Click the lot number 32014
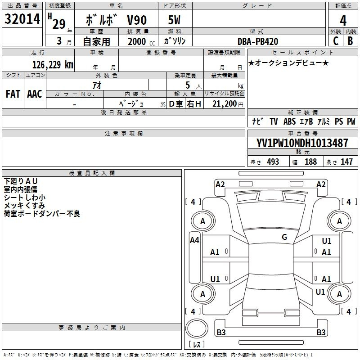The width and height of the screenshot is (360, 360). click(x=22, y=19)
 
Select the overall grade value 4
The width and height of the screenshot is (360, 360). click(x=343, y=21)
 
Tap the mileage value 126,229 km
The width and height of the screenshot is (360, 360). click(x=53, y=65)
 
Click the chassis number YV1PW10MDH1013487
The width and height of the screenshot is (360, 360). click(x=302, y=143)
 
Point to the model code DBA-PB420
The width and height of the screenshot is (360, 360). click(x=257, y=41)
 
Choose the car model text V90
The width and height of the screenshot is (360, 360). click(x=137, y=20)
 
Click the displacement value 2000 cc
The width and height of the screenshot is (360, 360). click(x=141, y=41)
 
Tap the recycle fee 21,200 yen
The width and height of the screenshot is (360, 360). click(x=228, y=104)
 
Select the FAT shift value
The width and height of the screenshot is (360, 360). click(x=13, y=94)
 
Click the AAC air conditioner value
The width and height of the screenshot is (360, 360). click(x=35, y=94)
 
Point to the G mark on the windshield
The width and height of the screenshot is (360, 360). click(x=284, y=237)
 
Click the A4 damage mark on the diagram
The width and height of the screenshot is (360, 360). click(x=194, y=240)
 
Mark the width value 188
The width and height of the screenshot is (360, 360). click(x=310, y=162)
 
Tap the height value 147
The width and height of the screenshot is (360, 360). click(x=346, y=162)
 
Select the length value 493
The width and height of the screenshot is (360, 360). click(x=273, y=162)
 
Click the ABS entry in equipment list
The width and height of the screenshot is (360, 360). click(x=289, y=121)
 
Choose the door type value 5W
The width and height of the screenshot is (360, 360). click(x=174, y=20)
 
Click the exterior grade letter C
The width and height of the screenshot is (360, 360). click(x=336, y=41)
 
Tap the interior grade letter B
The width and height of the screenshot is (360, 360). click(x=350, y=41)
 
